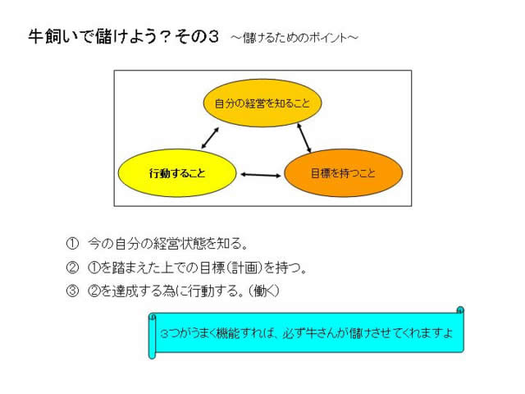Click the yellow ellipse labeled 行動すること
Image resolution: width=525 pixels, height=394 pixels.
click(177, 173)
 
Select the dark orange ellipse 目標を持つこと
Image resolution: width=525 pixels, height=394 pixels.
click(343, 173)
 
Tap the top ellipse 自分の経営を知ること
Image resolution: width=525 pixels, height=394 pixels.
click(262, 103)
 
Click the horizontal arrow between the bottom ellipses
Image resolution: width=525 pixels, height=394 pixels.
click(261, 175)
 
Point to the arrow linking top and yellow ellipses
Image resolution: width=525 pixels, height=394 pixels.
click(210, 138)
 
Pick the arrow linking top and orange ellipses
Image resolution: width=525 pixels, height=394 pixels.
click(304, 138)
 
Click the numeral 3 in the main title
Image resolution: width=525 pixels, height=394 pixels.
click(213, 36)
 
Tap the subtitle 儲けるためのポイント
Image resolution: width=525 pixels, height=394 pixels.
click(295, 38)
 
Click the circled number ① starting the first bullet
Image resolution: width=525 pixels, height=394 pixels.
click(72, 244)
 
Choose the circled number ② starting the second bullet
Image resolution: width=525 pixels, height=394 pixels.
click(72, 268)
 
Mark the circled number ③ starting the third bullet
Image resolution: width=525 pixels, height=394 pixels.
click(72, 291)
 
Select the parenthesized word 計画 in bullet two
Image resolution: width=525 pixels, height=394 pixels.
click(245, 268)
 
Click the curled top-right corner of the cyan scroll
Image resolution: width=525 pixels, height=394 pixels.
click(460, 310)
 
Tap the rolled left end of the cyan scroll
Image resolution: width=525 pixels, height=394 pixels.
click(153, 336)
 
